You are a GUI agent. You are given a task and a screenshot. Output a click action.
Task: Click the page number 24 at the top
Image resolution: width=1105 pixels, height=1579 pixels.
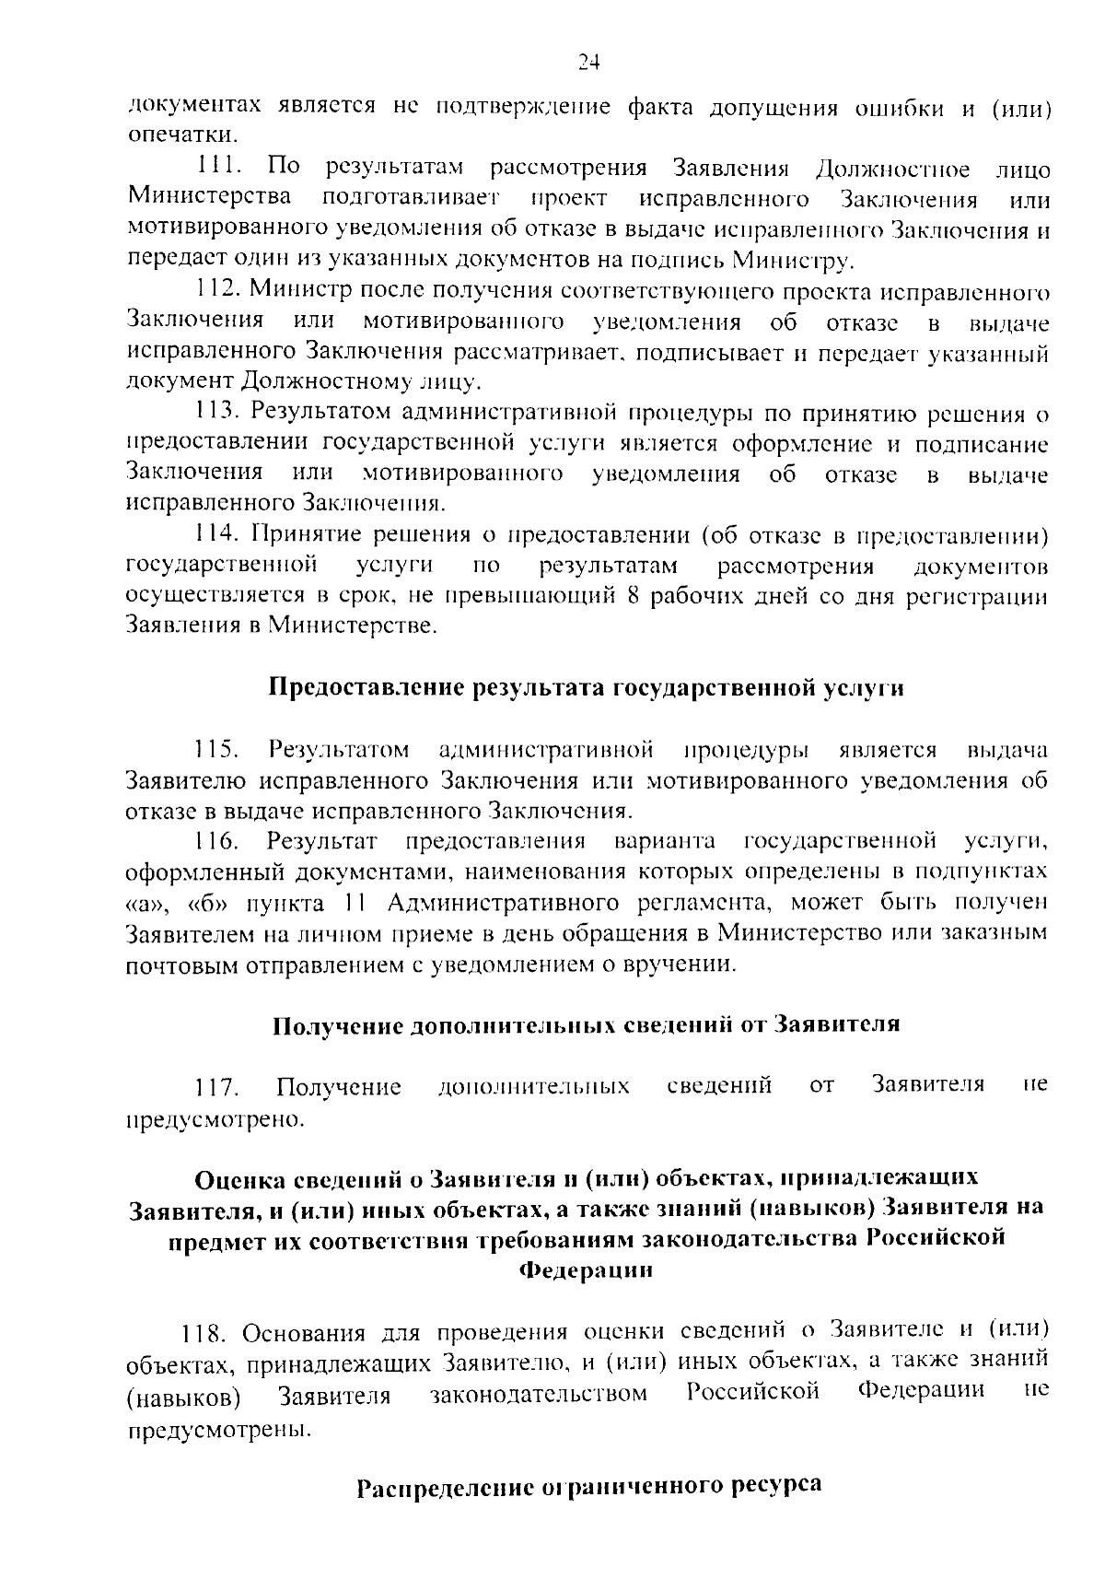(x=589, y=62)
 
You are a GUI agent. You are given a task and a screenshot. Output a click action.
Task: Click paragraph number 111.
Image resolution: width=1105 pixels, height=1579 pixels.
(x=218, y=169)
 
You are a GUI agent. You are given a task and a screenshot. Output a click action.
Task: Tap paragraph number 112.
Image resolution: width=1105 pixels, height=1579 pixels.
(x=218, y=291)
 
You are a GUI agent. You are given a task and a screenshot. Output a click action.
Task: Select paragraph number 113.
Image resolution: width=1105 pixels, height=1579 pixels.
(x=218, y=412)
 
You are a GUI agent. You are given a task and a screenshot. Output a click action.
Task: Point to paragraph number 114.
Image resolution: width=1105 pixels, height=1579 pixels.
(x=218, y=535)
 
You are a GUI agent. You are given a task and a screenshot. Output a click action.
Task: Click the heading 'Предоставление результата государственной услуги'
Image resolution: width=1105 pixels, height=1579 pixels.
(x=586, y=688)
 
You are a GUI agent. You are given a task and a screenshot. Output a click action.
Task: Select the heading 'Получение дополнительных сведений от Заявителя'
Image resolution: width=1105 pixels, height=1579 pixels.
(x=586, y=1025)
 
